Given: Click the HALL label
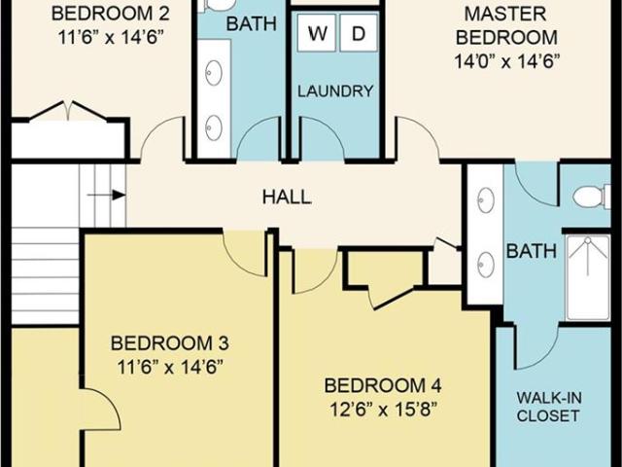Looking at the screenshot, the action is point(287,197).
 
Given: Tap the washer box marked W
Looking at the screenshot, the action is point(317,33).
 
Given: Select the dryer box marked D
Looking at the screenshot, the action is point(359,33).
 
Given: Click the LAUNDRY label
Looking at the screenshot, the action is point(335,91).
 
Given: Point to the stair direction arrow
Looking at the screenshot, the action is point(106,195).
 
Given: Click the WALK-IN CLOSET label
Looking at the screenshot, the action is point(548,407).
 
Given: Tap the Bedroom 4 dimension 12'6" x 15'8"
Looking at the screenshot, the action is point(383,410).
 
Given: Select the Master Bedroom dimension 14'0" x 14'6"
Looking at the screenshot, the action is point(506,61).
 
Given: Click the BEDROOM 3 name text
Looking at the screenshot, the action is point(169,343).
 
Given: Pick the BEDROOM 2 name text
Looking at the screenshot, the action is point(110,14).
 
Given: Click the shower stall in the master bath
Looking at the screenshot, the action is point(588,277).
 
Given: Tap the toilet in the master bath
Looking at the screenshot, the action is point(592,197).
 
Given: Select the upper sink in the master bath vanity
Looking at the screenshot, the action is point(486,200).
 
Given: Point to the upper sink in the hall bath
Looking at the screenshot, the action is point(214,73).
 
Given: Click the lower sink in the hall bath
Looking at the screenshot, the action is point(214,127).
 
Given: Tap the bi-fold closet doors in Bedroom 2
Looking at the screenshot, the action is point(68,110).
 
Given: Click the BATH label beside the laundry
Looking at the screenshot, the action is point(251,23).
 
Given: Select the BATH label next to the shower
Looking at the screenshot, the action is point(532,251).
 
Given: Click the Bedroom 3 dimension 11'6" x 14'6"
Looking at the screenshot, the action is point(169,367).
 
